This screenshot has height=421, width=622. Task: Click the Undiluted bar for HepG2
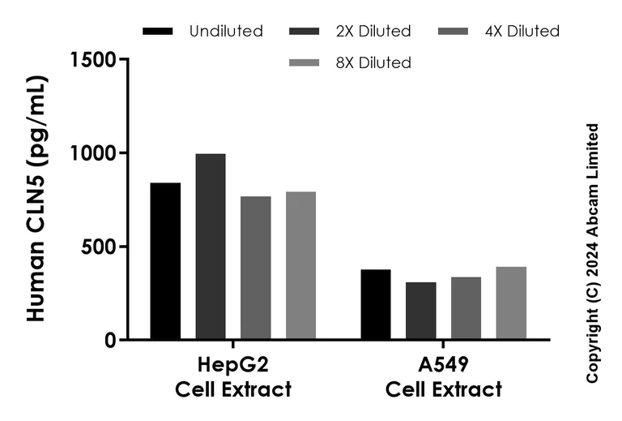165,261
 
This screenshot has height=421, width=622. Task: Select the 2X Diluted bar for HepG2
211,247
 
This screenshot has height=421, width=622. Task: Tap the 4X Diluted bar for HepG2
256,268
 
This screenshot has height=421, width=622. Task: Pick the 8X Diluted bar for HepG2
300,265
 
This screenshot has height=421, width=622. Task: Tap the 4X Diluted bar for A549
466,308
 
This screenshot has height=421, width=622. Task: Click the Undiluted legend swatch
158,32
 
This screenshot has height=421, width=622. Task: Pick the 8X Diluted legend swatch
305,62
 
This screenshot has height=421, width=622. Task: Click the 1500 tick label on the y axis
93,60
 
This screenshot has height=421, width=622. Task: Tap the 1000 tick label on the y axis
93,153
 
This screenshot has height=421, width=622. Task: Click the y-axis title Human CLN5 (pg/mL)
37,199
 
